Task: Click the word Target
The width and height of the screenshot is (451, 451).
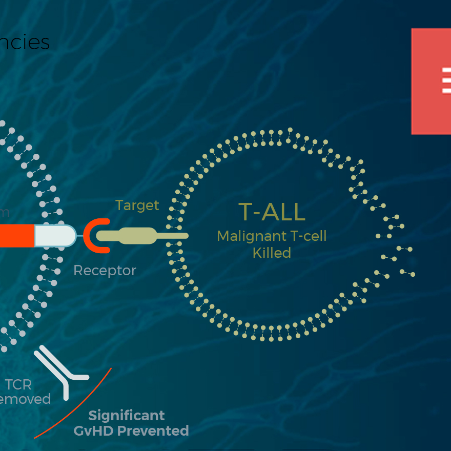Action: (137, 206)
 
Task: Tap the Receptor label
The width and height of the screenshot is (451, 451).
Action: (105, 270)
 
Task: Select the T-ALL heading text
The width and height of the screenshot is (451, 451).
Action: (272, 212)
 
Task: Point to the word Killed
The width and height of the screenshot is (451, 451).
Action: (272, 253)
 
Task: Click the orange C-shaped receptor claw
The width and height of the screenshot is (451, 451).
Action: (95, 235)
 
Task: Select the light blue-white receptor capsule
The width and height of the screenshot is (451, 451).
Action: (54, 236)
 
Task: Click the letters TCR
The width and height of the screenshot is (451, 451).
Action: (18, 384)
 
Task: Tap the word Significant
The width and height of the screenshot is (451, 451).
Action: (127, 415)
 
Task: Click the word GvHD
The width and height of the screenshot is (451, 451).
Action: (95, 430)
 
